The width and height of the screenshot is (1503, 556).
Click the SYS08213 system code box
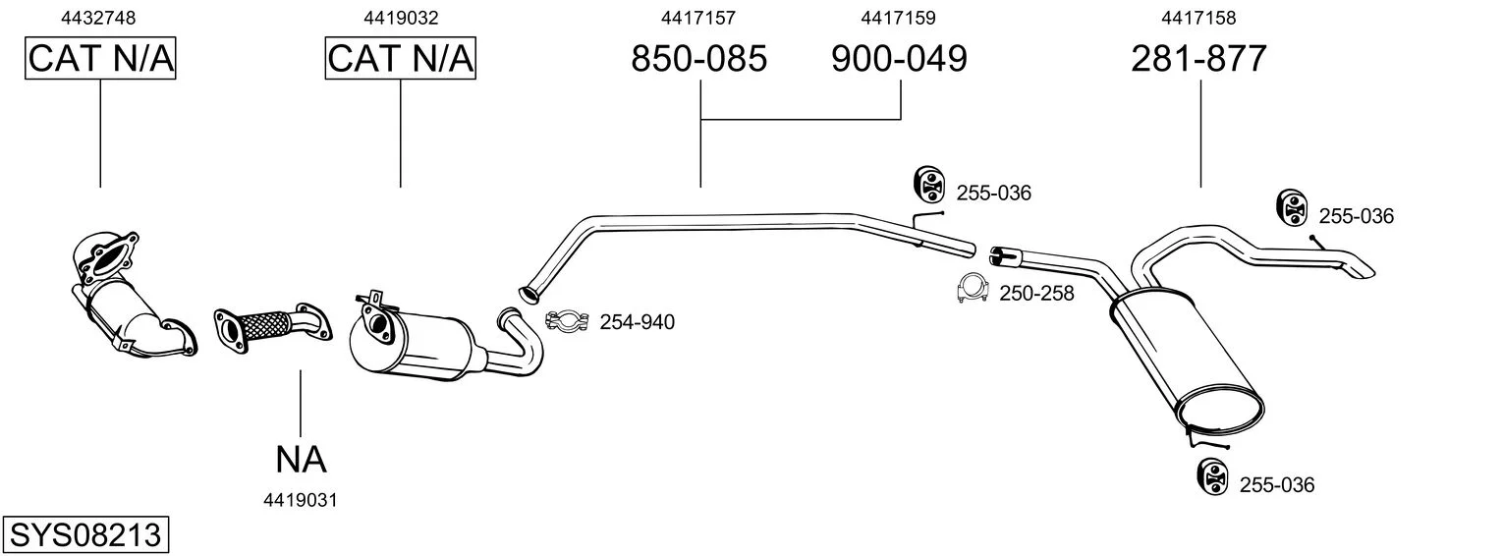[x=84, y=535]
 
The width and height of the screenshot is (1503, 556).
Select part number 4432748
[x=98, y=18]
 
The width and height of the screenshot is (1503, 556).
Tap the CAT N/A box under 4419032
[x=400, y=59]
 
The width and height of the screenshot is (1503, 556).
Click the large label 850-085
[x=698, y=59]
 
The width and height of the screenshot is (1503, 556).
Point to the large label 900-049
[x=899, y=59]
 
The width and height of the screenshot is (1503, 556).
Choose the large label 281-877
[x=1198, y=59]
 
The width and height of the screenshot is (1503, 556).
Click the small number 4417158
[x=1198, y=18]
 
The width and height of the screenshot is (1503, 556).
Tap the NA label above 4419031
[x=301, y=458]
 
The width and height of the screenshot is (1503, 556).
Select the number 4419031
[x=301, y=500]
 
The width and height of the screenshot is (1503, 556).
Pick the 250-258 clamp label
[x=1036, y=292]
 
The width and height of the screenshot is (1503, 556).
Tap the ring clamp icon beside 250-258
[x=972, y=289]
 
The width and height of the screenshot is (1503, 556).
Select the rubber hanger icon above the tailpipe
[x=1292, y=207]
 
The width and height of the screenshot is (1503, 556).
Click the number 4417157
[x=698, y=18]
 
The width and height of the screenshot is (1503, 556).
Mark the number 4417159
[x=899, y=18]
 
